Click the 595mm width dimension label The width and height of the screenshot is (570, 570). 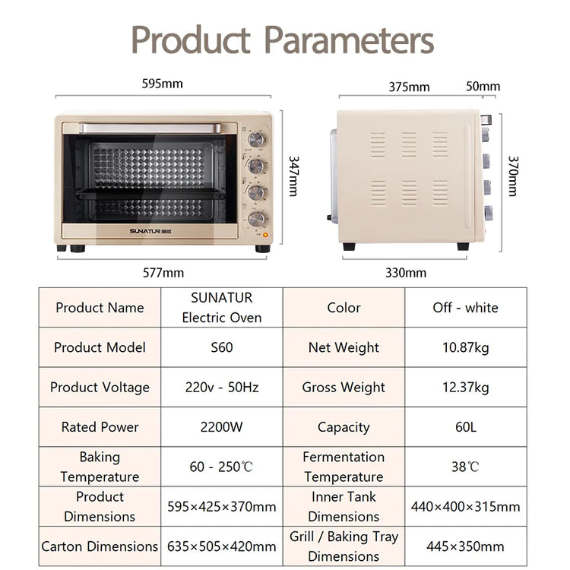[x=162, y=84]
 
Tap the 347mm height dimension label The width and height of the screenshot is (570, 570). [x=293, y=176]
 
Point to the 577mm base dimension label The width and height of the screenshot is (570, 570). [x=163, y=273]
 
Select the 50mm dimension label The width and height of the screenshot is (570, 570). [x=483, y=86]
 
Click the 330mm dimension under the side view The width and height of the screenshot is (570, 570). [x=406, y=273]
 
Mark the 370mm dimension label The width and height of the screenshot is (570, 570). [x=513, y=176]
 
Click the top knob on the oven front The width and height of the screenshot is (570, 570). [x=257, y=140]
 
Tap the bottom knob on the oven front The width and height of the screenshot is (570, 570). [x=257, y=219]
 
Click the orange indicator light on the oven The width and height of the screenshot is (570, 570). [x=266, y=235]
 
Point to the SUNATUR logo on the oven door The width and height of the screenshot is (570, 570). [x=150, y=231]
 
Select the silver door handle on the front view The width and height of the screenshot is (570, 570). [x=150, y=128]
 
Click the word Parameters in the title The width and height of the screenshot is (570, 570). [x=349, y=40]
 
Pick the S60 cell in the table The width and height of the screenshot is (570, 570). [x=222, y=347]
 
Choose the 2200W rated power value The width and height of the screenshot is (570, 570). [x=221, y=427]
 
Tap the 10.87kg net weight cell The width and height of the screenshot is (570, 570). [x=466, y=347]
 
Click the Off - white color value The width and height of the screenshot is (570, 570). [x=465, y=308]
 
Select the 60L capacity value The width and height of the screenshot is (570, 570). [x=466, y=427]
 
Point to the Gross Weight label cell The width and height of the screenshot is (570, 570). [x=344, y=387]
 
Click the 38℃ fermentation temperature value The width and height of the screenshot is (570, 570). [x=465, y=467]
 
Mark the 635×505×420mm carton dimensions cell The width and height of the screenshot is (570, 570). [x=221, y=546]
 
